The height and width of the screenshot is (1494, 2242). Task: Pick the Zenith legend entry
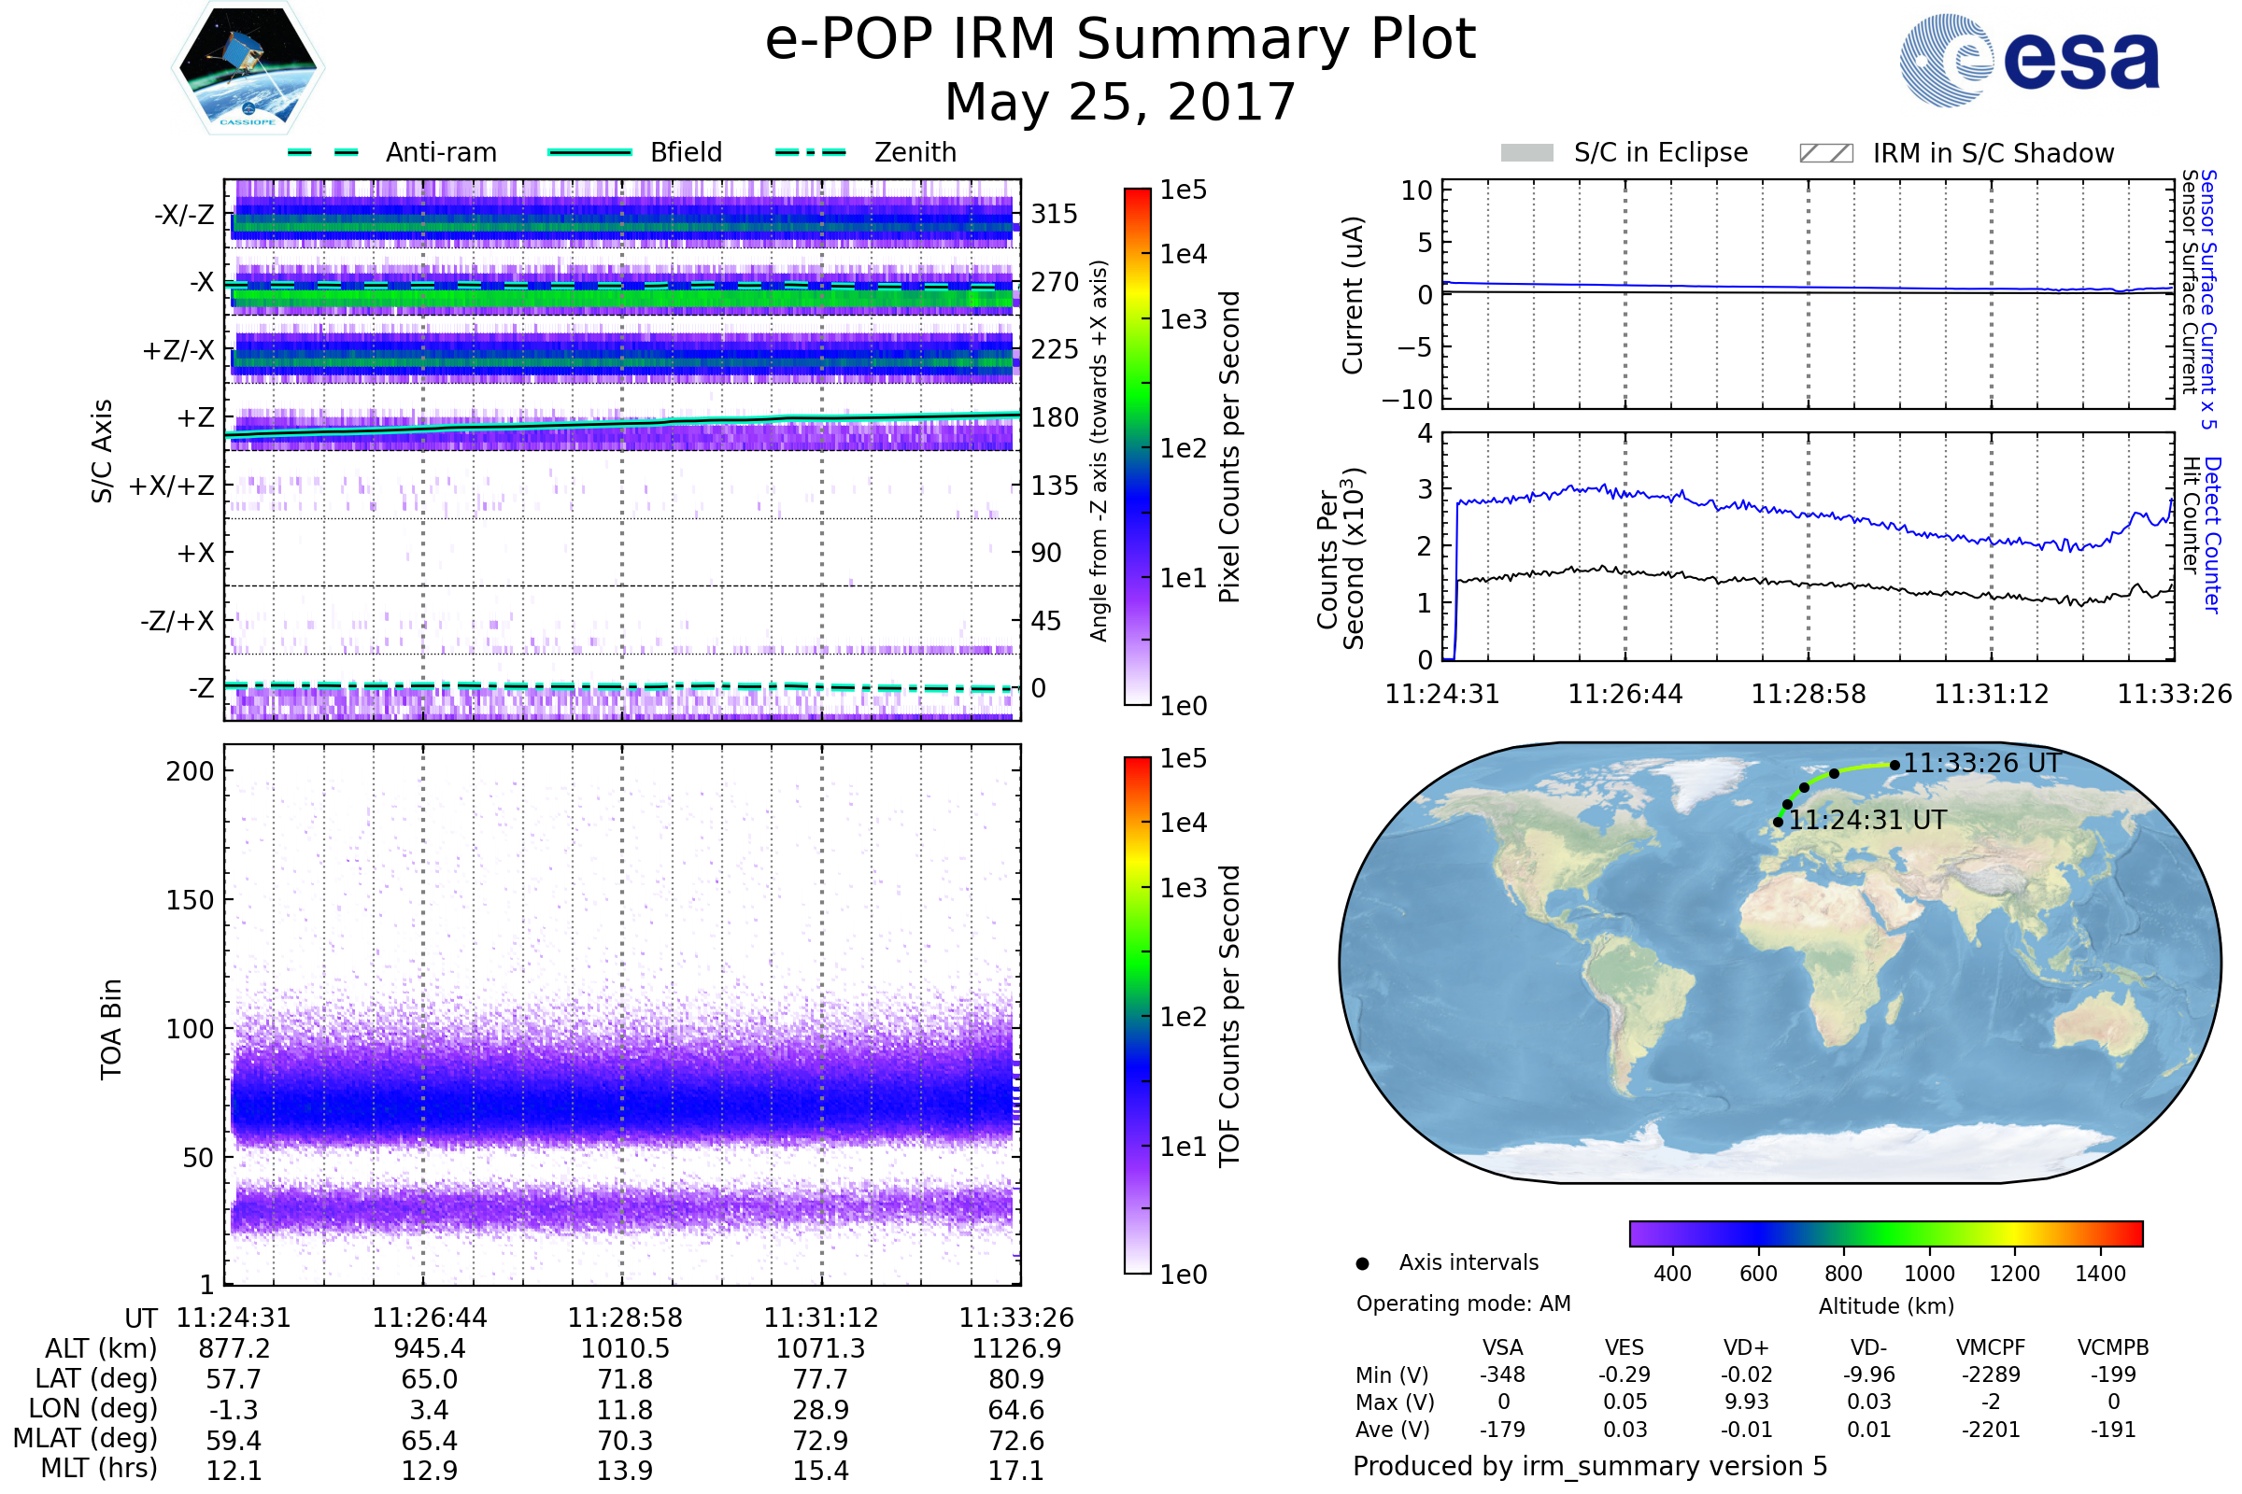866,152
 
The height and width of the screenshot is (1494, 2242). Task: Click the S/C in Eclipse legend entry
1625,152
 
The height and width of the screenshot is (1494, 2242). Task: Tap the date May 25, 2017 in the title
1120,102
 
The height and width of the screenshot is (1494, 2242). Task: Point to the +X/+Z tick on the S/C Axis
172,486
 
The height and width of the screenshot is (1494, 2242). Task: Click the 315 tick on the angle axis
1055,214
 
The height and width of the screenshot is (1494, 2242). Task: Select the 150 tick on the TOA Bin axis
191,899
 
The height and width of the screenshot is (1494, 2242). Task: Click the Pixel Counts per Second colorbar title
1229,447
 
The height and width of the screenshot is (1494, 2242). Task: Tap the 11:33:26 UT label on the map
1982,763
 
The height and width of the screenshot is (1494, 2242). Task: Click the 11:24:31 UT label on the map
1868,820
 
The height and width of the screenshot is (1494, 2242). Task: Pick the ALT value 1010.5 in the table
625,1349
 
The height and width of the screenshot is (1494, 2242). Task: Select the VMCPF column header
1991,1348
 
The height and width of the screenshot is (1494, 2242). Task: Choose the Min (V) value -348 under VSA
1502,1374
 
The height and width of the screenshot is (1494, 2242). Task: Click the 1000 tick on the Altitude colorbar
1929,1274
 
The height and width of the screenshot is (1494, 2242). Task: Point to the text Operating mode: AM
1463,1304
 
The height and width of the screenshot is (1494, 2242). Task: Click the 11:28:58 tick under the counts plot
1809,694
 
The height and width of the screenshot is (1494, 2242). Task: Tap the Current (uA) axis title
1353,295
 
